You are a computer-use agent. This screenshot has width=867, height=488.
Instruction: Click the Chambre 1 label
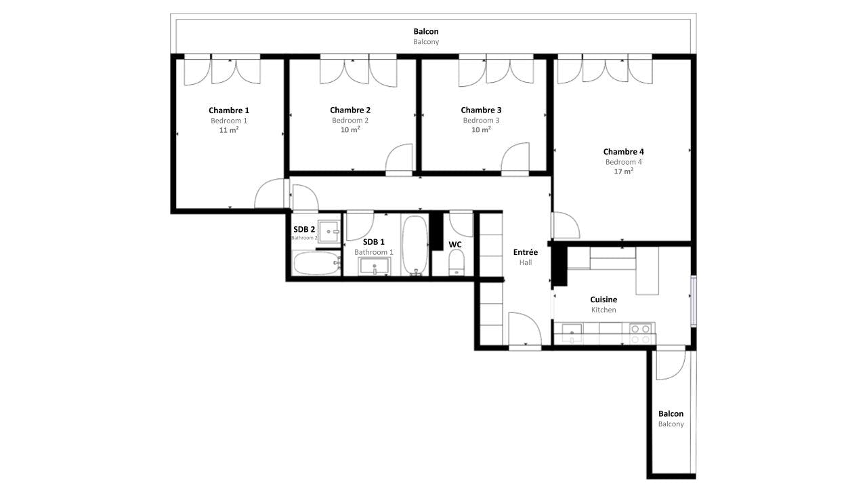[x=229, y=110]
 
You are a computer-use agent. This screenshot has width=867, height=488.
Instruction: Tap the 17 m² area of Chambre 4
[x=624, y=171]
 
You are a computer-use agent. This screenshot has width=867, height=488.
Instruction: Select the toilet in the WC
[x=457, y=262]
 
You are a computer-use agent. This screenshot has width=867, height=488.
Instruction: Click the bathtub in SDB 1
[x=415, y=245]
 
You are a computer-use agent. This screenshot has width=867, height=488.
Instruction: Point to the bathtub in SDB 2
[x=316, y=264]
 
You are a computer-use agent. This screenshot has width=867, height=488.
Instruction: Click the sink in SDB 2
[x=329, y=232]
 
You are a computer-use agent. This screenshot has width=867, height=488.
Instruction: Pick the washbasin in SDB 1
[x=375, y=266]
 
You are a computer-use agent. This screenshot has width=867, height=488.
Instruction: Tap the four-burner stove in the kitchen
[x=642, y=334]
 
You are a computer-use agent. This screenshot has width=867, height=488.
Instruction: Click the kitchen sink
[x=572, y=333]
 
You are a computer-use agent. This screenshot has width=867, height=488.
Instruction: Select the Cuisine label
[x=604, y=300]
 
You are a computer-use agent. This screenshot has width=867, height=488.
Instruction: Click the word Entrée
[x=525, y=252]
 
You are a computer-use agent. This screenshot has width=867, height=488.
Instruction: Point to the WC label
[x=454, y=245]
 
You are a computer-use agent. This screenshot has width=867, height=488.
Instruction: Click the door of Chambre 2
[x=399, y=159]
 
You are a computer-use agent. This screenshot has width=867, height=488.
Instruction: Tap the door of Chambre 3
[x=515, y=159]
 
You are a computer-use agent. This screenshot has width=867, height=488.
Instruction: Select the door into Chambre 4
[x=566, y=225]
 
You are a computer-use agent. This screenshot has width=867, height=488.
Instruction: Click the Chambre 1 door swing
[x=270, y=193]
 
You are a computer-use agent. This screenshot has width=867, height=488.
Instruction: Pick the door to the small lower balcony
[x=671, y=364]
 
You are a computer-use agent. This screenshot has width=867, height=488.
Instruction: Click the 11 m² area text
[x=229, y=129]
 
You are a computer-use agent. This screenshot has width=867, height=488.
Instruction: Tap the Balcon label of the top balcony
[x=426, y=31]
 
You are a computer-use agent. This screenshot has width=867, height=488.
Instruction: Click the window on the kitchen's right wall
[x=694, y=301]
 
